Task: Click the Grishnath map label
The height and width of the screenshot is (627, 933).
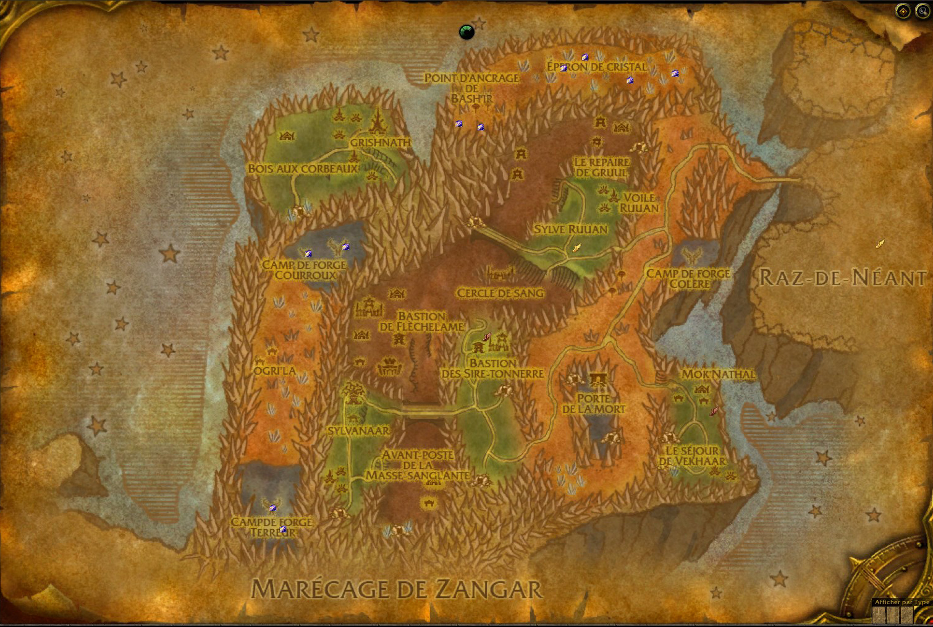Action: click(380, 142)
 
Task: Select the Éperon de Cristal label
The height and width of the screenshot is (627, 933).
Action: click(597, 67)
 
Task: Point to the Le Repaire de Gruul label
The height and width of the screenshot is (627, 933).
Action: click(601, 168)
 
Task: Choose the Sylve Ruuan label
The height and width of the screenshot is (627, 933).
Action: click(570, 229)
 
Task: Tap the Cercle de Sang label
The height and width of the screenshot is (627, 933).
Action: click(500, 293)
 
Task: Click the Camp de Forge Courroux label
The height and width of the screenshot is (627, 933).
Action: click(305, 270)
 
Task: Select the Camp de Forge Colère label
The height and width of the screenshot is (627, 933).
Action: click(688, 278)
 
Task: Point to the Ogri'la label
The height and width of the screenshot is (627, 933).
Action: click(274, 371)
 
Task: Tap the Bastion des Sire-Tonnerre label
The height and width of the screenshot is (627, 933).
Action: click(492, 369)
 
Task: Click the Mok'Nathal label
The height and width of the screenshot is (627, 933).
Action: click(719, 374)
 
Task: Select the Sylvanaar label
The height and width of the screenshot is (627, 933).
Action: click(359, 430)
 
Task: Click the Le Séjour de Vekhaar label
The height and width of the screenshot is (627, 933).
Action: click(692, 456)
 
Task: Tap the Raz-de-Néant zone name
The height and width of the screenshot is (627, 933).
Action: click(842, 278)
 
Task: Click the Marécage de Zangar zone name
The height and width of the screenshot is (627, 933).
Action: click(397, 589)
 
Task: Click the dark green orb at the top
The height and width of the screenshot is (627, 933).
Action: click(466, 32)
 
